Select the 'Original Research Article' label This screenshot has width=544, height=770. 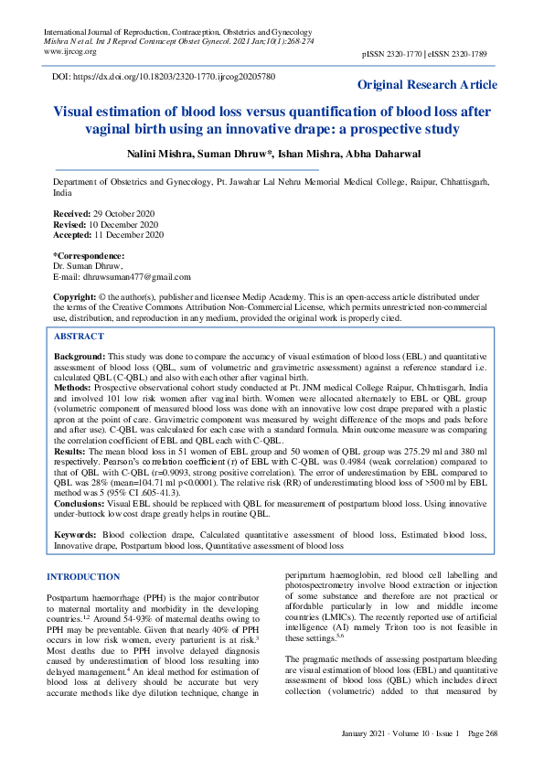pos(427,85)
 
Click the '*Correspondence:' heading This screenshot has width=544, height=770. pos(88,255)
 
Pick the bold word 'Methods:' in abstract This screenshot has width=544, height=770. pos(74,387)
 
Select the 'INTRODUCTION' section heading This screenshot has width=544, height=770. pos(82,577)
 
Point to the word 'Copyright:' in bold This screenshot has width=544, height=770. pos(74,298)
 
